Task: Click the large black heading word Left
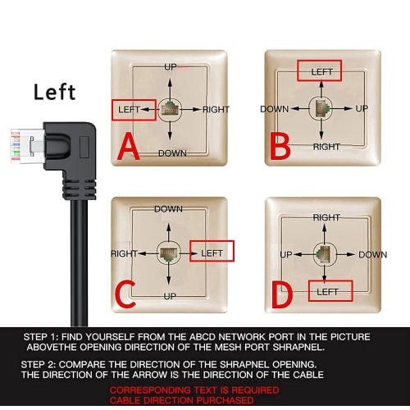[x=55, y=91]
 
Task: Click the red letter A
[x=129, y=148]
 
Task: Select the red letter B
[x=282, y=147]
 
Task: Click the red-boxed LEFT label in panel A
[x=133, y=109]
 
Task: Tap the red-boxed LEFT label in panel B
[x=322, y=71]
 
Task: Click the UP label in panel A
[x=171, y=66]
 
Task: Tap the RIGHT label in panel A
[x=216, y=109]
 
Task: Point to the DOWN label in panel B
[x=275, y=109]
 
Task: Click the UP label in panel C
[x=169, y=295]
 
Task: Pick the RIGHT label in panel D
[x=326, y=217]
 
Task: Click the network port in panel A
[x=171, y=108]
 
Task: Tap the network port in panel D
[x=325, y=254]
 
